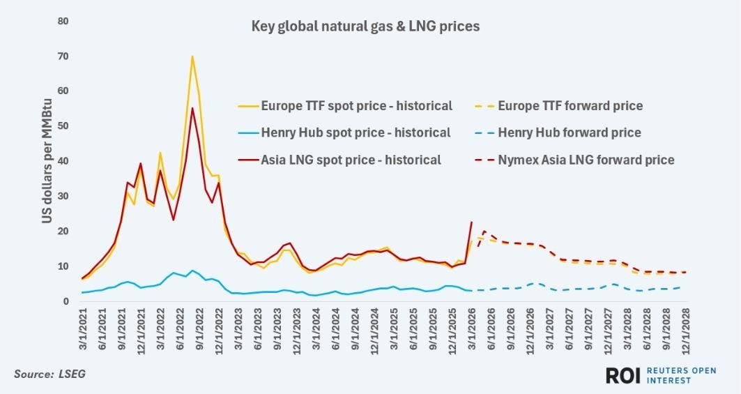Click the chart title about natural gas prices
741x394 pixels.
pyautogui.click(x=365, y=27)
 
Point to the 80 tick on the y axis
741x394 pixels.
pyautogui.click(x=62, y=21)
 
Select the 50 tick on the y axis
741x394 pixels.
pyautogui.click(x=62, y=126)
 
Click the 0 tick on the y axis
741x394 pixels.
pyautogui.click(x=65, y=301)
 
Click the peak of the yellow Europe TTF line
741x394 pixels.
pyautogui.click(x=192, y=56)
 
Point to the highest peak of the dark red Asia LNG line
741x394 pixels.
pyautogui.click(x=192, y=108)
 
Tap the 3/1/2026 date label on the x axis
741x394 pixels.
pyautogui.click(x=472, y=331)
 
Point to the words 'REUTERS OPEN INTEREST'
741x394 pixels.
pyautogui.click(x=670, y=375)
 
